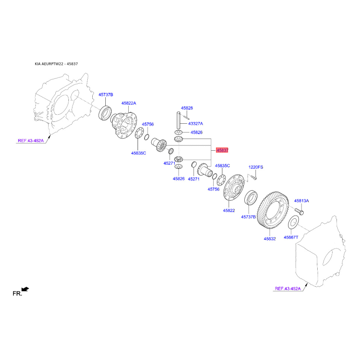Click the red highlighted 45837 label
[x=222, y=150]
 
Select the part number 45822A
[x=129, y=103]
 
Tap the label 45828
[x=187, y=108]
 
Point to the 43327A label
[x=196, y=123]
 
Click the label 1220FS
[x=256, y=167]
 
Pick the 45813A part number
[x=301, y=201]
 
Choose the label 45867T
[x=291, y=238]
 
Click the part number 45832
[x=270, y=239]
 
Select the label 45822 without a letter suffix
[x=229, y=210]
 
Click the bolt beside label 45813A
[x=299, y=211]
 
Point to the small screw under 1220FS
[x=253, y=177]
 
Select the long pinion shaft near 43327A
[x=178, y=121]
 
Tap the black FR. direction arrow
[x=25, y=289]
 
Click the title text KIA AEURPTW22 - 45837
[x=56, y=64]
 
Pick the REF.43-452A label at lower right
[x=288, y=288]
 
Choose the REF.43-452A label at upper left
[x=31, y=140]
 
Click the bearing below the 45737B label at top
[x=105, y=112]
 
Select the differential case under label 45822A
[x=124, y=124]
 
